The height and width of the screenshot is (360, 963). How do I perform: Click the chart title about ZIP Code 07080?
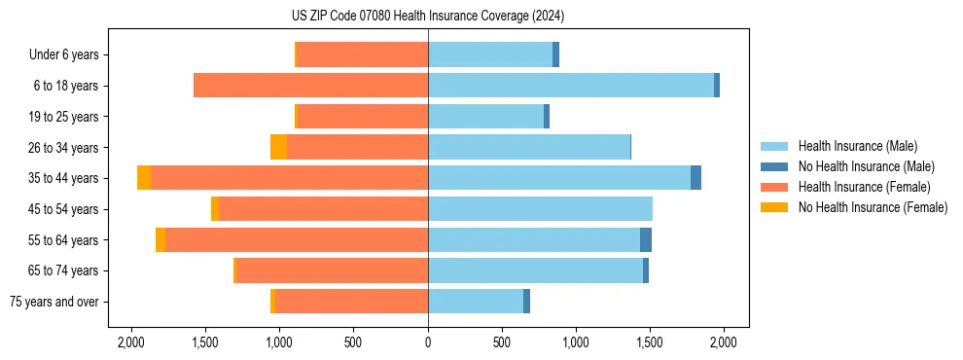pyautogui.click(x=427, y=17)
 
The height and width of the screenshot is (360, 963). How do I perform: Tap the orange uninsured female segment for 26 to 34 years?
pyautogui.click(x=278, y=147)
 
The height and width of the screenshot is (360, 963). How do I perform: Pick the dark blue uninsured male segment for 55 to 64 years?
pyautogui.click(x=646, y=239)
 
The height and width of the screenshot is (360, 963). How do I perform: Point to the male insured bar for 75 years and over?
pyautogui.click(x=476, y=302)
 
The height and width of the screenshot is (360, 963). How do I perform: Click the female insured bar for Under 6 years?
pyautogui.click(x=362, y=54)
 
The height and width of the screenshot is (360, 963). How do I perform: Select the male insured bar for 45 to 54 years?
pyautogui.click(x=540, y=209)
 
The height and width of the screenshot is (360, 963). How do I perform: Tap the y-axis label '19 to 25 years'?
pyautogui.click(x=64, y=117)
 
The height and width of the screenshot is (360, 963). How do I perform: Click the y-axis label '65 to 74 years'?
pyautogui.click(x=64, y=270)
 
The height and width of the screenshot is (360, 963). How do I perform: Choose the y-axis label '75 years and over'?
pyautogui.click(x=54, y=302)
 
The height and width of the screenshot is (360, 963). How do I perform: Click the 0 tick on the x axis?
pyautogui.click(x=428, y=342)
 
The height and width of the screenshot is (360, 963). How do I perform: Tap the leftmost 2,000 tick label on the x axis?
pyautogui.click(x=131, y=342)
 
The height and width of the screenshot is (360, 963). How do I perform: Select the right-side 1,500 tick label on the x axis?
pyautogui.click(x=650, y=342)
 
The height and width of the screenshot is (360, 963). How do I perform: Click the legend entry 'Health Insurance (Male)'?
pyautogui.click(x=857, y=146)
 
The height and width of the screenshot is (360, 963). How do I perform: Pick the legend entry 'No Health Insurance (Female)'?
pyautogui.click(x=873, y=207)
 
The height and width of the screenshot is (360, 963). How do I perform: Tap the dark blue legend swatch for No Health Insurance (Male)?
pyautogui.click(x=774, y=166)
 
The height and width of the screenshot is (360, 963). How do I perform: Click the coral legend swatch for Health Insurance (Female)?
pyautogui.click(x=774, y=187)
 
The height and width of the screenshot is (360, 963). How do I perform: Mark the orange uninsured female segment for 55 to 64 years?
pyautogui.click(x=160, y=239)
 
